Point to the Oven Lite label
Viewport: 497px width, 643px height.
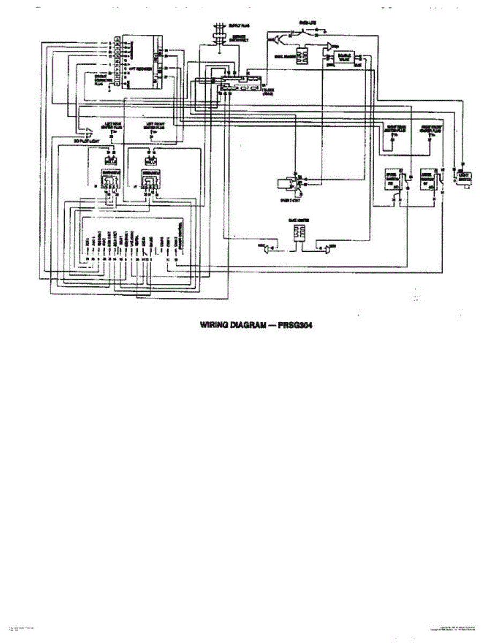(308, 23)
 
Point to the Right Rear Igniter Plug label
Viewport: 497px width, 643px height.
(394, 129)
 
